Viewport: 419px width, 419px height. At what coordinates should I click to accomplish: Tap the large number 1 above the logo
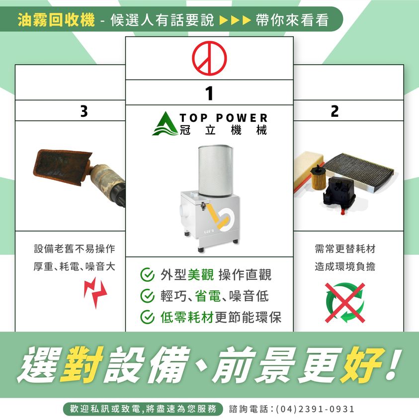point(210,93)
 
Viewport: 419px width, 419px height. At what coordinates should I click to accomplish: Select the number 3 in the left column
point(84,111)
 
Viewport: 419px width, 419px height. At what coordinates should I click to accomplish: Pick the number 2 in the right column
point(335,111)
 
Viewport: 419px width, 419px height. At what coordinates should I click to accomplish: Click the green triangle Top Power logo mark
point(166,124)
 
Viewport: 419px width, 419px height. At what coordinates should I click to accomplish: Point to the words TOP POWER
point(223,118)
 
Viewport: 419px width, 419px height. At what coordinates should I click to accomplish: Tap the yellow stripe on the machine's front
point(216,216)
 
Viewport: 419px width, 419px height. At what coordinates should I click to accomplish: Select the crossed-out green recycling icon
point(345,303)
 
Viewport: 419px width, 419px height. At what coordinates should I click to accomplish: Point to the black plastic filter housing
point(338,194)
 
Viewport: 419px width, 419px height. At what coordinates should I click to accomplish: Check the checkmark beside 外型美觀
point(147,275)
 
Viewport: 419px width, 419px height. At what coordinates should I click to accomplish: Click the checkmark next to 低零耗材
point(147,317)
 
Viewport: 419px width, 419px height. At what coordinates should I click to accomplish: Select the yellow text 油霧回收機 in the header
point(56,20)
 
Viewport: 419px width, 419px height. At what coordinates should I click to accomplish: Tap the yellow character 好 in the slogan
point(361,365)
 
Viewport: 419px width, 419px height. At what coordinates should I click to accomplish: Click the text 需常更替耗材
point(345,249)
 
